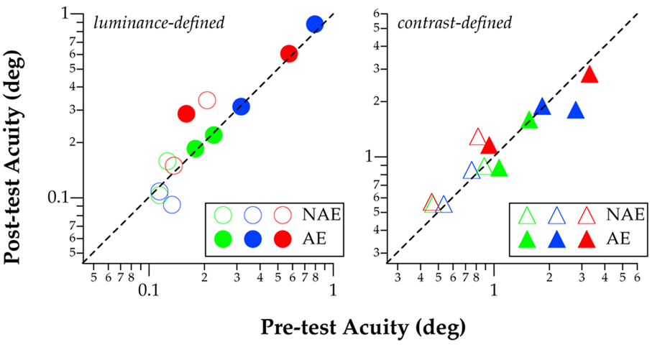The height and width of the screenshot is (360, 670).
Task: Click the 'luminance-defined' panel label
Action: coord(160,23)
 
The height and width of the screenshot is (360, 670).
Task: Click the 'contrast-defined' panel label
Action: coord(454,23)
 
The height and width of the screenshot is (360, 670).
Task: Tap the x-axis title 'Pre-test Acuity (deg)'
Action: coord(362,328)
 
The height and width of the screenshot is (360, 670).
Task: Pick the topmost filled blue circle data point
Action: coord(314,24)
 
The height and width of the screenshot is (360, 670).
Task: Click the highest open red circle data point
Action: coord(207,101)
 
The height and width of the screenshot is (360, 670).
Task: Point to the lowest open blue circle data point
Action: coord(172,205)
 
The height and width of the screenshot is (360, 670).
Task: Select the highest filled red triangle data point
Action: coord(589,75)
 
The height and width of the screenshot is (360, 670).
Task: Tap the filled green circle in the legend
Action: coord(223,239)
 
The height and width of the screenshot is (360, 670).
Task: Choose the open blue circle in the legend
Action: coord(252,214)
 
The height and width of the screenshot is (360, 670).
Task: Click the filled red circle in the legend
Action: coord(282,239)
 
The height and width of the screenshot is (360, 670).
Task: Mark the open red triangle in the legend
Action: coord(587,215)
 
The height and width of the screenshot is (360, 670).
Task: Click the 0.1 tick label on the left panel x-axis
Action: coord(149,290)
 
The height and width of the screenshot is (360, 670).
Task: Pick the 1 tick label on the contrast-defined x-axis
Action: coord(495,290)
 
